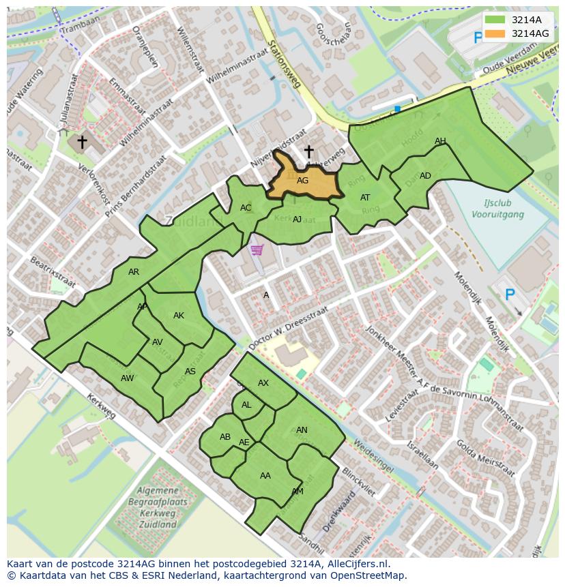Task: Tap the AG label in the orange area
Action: [303, 181]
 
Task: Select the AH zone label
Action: [440, 141]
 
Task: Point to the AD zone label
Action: [425, 176]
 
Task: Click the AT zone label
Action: [365, 198]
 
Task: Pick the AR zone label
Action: [134, 272]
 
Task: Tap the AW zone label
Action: [127, 378]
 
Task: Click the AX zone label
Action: [263, 383]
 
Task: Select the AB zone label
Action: [225, 437]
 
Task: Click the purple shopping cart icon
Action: [257, 250]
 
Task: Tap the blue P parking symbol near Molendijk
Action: [509, 295]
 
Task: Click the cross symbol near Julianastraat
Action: [82, 142]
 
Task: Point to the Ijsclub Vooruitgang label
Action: [497, 209]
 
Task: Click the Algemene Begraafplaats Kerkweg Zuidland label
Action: [158, 507]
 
